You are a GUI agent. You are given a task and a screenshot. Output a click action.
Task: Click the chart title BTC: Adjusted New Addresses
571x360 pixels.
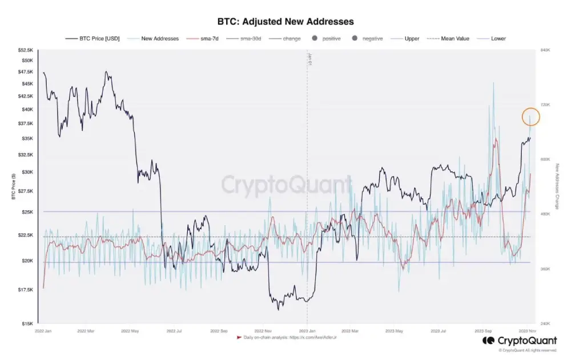tap(285, 21)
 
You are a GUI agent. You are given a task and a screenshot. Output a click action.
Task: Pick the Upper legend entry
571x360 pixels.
tap(412, 39)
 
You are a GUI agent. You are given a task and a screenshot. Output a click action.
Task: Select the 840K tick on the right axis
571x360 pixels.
tap(545, 50)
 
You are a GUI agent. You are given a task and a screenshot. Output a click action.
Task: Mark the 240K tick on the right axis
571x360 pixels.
tap(545, 323)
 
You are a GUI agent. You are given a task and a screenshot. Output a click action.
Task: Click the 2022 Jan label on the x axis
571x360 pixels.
tap(43, 331)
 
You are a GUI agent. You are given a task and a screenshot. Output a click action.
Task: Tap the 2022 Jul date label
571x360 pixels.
tap(174, 331)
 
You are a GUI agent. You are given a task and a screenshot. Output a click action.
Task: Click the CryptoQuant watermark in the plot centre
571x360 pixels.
tap(285, 185)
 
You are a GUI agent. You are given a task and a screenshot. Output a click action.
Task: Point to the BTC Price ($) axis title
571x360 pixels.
tap(13, 187)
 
